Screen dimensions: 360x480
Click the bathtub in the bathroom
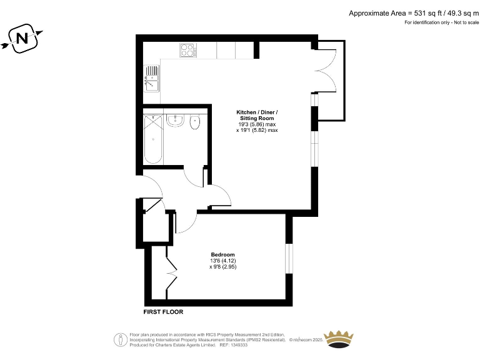click(x=154, y=139)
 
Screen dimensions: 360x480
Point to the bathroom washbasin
click(x=176, y=120)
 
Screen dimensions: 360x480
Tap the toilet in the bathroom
click(x=195, y=121)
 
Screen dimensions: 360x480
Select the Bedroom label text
click(x=222, y=254)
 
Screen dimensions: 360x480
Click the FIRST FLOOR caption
click(x=164, y=311)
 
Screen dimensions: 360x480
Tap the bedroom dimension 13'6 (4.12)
click(x=223, y=261)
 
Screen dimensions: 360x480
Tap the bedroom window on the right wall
click(x=289, y=257)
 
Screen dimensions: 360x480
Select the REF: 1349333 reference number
click(x=232, y=344)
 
